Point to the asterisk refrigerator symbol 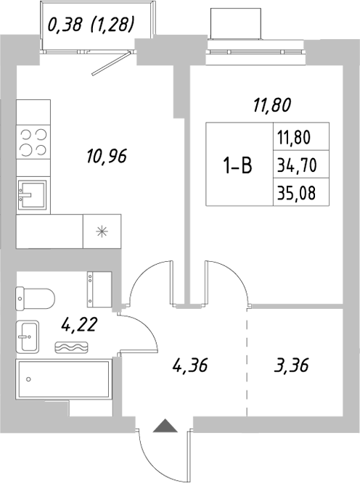(102, 231)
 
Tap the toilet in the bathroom (36, 297)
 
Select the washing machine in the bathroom (98, 289)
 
